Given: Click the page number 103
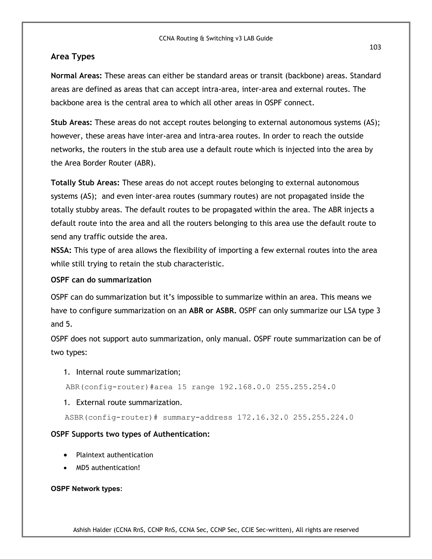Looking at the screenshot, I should pos(375,47).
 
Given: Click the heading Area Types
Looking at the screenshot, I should pos(73,57).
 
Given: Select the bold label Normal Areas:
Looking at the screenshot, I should pos(76,76).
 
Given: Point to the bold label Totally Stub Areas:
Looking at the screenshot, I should pos(85,183).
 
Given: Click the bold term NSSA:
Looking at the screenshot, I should pos(61,250).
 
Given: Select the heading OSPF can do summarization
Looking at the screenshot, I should pos(101,280).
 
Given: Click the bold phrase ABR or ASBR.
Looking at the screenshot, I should pos(212,311).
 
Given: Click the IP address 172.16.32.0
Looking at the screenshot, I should pos(263,417).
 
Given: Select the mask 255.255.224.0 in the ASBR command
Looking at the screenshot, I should pos(323,417).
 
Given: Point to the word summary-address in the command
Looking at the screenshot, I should pos(197,417).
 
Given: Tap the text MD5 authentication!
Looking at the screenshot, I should pos(108,468).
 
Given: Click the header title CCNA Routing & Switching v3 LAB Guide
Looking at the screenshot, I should pos(216,38).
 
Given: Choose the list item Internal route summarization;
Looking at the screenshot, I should pos(128,372).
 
